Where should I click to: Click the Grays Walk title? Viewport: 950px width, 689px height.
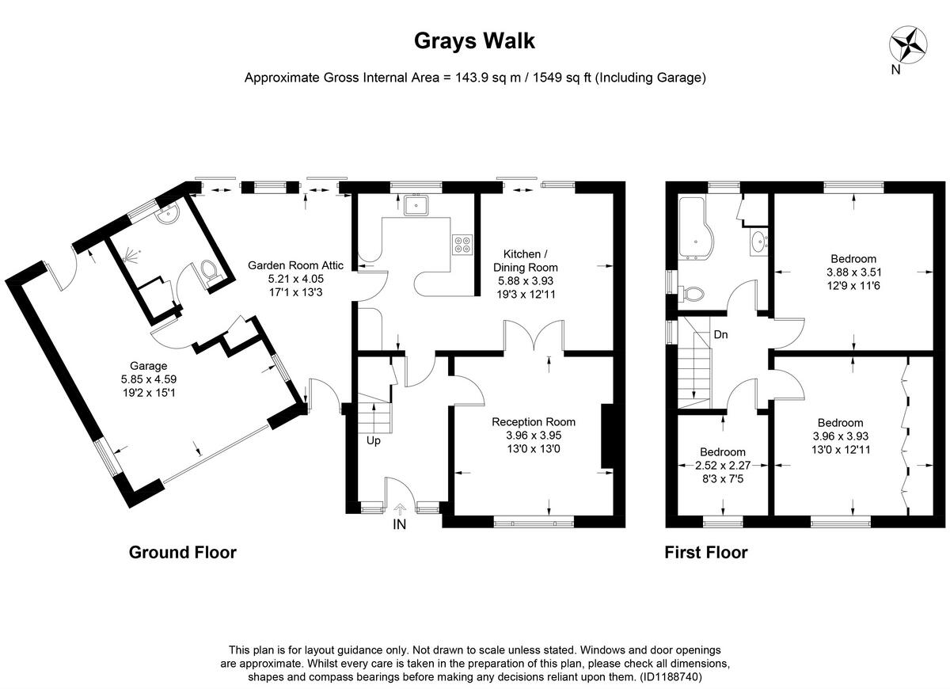pyautogui.click(x=474, y=41)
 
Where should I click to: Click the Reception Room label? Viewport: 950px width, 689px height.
pyautogui.click(x=533, y=421)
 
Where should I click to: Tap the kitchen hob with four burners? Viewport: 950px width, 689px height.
pyautogui.click(x=461, y=245)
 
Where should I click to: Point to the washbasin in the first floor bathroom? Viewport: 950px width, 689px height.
pyautogui.click(x=757, y=242)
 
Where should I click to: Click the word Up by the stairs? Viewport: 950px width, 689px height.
pyautogui.click(x=373, y=440)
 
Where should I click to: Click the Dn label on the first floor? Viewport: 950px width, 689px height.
pyautogui.click(x=720, y=335)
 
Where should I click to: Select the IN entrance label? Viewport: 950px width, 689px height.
pyautogui.click(x=400, y=524)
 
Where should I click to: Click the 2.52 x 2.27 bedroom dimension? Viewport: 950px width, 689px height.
pyautogui.click(x=721, y=466)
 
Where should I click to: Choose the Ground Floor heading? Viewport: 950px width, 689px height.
pyautogui.click(x=182, y=553)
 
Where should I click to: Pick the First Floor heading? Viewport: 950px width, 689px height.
pyautogui.click(x=705, y=553)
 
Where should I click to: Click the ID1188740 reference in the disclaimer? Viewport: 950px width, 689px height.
pyautogui.click(x=670, y=678)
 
